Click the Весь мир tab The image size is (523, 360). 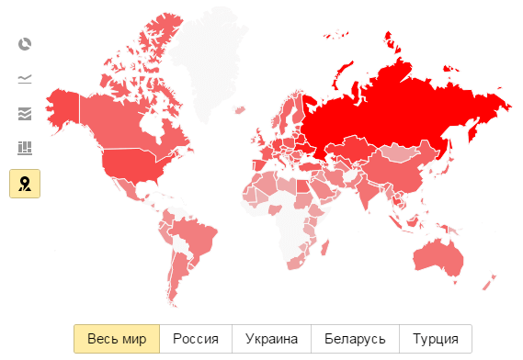[117, 338]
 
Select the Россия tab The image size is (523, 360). [196, 338]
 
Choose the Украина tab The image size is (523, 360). [271, 338]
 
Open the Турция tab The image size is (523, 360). [436, 338]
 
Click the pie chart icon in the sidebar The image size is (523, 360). [25, 44]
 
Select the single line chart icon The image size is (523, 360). [25, 79]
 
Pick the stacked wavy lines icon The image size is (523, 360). [25, 114]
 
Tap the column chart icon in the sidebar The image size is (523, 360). [25, 148]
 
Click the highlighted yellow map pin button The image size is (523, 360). [25, 184]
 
